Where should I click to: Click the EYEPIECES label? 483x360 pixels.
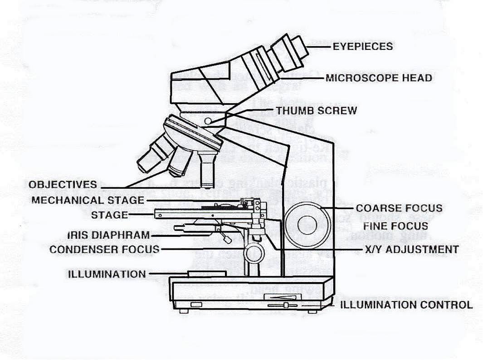coord(362,46)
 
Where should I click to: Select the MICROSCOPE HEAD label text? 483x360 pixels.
coord(379,78)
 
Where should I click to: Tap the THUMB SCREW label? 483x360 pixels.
coord(316,110)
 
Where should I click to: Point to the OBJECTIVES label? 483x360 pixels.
coord(63,185)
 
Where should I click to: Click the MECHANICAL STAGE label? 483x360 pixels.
coord(88,200)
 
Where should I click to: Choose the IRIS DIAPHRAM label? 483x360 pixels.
coord(108,235)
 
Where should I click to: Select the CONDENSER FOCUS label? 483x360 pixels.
coord(104,249)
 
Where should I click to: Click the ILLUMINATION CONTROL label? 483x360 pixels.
coord(406,305)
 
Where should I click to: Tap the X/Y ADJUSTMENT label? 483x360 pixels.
coord(411,249)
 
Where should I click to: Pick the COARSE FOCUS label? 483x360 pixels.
coord(399,208)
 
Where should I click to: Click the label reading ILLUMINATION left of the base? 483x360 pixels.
coord(107,274)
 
